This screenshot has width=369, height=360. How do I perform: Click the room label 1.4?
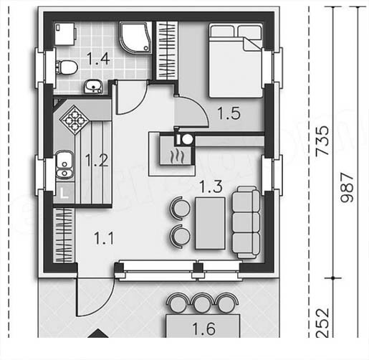(98, 59)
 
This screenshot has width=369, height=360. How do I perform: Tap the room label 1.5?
(229, 113)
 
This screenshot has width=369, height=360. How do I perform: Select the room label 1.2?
(97, 161)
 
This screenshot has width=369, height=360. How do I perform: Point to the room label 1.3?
(211, 186)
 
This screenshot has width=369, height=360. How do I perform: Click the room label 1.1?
(104, 238)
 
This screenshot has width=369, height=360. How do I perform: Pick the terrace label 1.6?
(203, 329)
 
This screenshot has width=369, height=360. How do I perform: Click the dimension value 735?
(322, 141)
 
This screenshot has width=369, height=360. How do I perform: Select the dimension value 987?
(347, 188)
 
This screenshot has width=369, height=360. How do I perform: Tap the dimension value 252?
(322, 323)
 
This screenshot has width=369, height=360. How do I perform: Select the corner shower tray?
(135, 37)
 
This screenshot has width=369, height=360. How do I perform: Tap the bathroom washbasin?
(93, 87)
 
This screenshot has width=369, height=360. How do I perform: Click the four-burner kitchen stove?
(75, 120)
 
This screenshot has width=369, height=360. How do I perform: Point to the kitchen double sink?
(64, 165)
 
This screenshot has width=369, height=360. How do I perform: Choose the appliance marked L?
(64, 193)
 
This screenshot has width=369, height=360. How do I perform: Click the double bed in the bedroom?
(236, 60)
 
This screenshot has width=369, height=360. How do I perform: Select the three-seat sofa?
(246, 222)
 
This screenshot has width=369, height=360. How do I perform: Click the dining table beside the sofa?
(210, 223)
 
